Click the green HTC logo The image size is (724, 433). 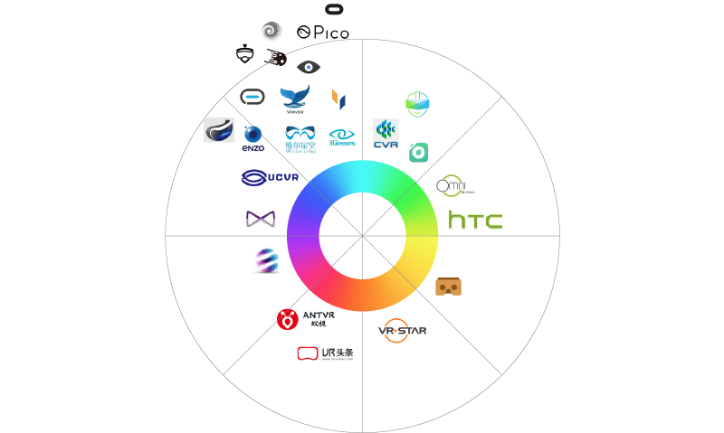(475, 220)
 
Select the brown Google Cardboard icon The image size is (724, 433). (449, 286)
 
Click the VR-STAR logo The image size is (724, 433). (402, 331)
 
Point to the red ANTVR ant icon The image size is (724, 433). (288, 319)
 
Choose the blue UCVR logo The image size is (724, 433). (270, 178)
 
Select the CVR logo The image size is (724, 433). (386, 135)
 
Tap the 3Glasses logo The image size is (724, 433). (342, 137)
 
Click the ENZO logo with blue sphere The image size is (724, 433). (253, 138)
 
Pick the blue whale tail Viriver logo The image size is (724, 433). (295, 99)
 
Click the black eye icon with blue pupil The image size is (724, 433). (309, 67)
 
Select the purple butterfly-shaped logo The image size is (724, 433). (260, 219)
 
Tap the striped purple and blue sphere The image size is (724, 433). (266, 260)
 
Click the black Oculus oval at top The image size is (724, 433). (334, 10)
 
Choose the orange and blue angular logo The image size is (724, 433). (339, 98)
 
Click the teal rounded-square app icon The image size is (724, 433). (418, 152)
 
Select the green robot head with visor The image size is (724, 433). (417, 103)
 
